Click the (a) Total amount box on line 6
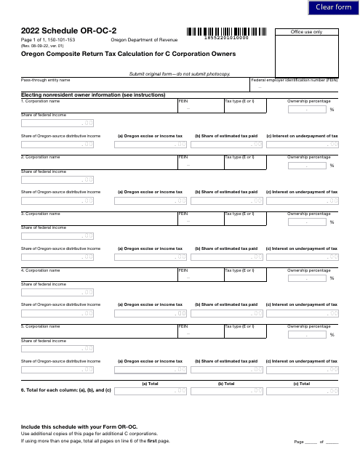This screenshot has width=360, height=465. coord(150,391)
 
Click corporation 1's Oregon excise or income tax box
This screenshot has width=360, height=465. coord(150,144)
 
